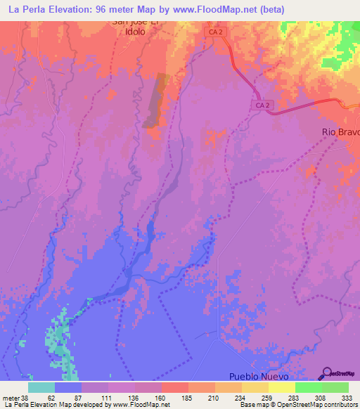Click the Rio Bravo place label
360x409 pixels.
[x=340, y=132]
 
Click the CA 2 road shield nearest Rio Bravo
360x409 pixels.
[x=261, y=104]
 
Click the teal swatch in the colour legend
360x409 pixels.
[x=41, y=387]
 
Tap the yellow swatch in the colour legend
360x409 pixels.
[x=281, y=387]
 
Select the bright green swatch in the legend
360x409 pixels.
[x=308, y=387]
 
